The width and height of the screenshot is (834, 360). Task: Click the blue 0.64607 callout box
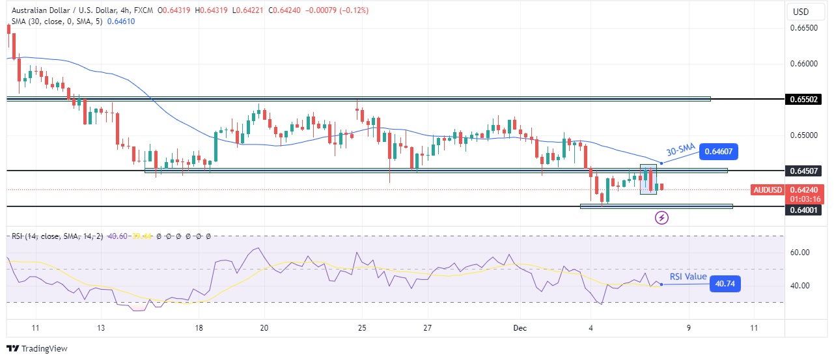(x=719, y=153)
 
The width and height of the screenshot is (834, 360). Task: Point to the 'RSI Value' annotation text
(x=688, y=277)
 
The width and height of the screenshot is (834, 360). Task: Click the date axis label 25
(x=363, y=328)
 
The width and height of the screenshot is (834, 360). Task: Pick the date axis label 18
(x=199, y=328)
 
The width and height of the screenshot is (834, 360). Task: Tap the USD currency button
(x=800, y=12)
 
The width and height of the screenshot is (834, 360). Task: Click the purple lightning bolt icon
(x=661, y=217)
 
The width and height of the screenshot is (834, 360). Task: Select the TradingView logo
(x=37, y=348)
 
